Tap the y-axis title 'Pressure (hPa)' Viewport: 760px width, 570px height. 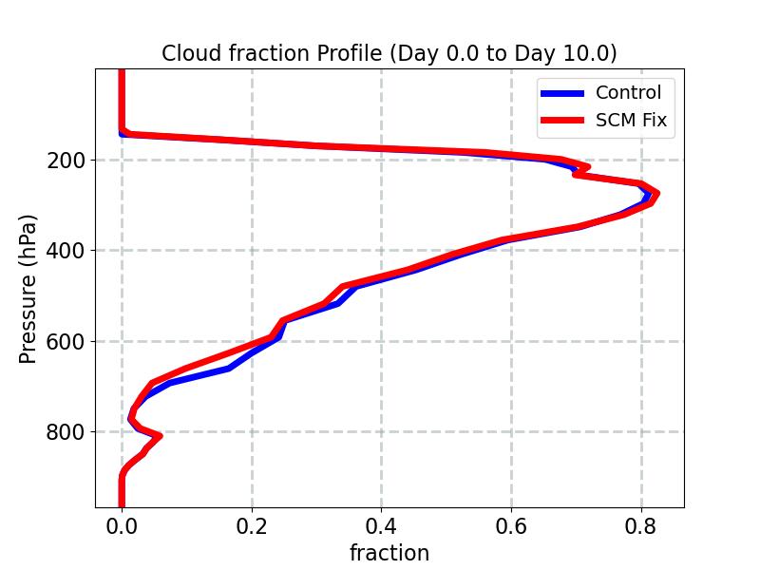click(28, 289)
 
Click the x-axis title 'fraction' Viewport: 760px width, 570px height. click(389, 553)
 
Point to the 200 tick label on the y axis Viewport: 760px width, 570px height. click(66, 161)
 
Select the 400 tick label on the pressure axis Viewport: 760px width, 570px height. click(66, 251)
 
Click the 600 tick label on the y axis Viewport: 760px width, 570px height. click(66, 341)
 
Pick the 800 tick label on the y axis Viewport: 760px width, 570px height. click(66, 431)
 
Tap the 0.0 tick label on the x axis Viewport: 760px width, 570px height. click(122, 524)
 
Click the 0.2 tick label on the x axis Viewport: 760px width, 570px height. click(252, 524)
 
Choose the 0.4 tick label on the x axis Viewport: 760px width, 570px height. click(382, 524)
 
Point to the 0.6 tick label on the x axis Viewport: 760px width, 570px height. click(511, 524)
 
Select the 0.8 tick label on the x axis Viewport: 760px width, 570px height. click(641, 524)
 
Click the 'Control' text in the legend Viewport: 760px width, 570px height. click(628, 92)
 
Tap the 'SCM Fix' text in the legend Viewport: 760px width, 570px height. click(631, 121)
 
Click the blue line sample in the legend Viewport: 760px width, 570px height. click(561, 93)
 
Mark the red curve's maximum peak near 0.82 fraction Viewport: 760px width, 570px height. click(655, 194)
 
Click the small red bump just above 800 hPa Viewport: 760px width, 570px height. click(159, 436)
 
